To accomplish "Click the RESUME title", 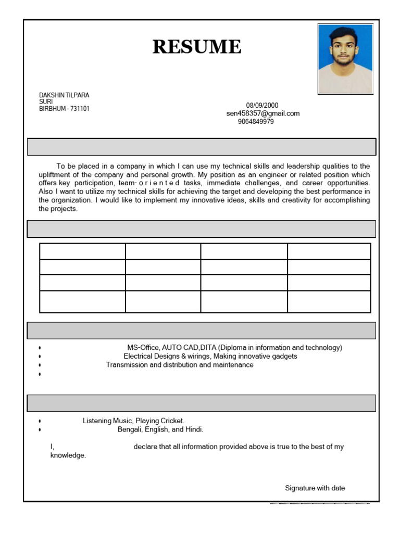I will tap(197, 47).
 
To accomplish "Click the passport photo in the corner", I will tap(345, 59).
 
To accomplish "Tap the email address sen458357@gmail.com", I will tap(263, 113).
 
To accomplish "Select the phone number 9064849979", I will tap(256, 122).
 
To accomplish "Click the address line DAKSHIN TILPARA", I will tap(64, 95).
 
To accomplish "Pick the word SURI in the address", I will tap(46, 102).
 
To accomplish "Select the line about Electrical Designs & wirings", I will tap(210, 357).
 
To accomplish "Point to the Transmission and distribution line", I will tap(180, 365).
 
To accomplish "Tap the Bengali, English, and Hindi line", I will tap(160, 429).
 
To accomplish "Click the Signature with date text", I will tap(315, 488).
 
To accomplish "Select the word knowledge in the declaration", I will tap(68, 455).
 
